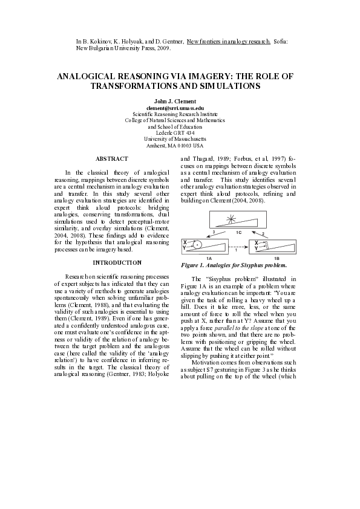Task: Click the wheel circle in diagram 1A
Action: (197, 245)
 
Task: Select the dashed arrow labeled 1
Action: (235, 247)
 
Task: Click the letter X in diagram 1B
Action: (257, 242)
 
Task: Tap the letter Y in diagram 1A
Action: (185, 248)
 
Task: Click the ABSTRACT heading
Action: (112, 158)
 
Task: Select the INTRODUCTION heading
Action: (117, 262)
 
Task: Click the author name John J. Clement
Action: (179, 100)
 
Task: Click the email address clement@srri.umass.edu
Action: (179, 107)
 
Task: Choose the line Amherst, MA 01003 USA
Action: (179, 146)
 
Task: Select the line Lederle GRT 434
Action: (179, 132)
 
